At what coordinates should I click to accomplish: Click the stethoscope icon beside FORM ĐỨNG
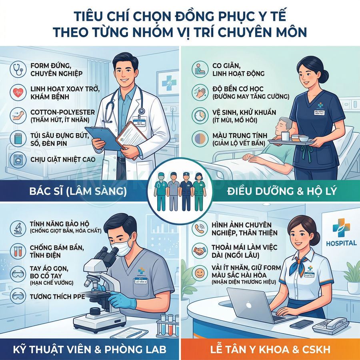[17, 68]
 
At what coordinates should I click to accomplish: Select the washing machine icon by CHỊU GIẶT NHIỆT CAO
[17, 159]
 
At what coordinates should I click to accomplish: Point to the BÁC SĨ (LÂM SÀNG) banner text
[78, 191]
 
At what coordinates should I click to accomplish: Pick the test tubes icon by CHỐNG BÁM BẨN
[17, 251]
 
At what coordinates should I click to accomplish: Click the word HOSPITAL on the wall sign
[341, 243]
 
